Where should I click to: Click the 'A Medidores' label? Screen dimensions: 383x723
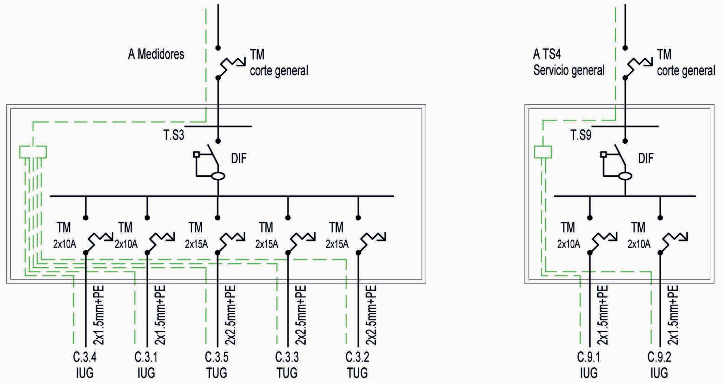coord(156,54)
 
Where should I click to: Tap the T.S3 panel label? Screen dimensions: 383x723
coord(173,135)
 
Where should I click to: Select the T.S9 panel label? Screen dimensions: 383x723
coord(581,135)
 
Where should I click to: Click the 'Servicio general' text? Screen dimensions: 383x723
coord(569,70)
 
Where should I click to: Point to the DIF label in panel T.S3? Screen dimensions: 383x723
coord(238,158)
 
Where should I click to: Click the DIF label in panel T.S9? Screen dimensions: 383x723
coord(645,158)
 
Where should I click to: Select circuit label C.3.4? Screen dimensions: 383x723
coord(85,357)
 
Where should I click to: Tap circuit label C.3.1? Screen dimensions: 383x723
coord(146,357)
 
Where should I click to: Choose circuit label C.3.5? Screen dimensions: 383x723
coord(217,357)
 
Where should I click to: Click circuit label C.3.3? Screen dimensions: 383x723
coord(287,357)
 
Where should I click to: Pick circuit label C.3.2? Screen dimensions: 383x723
coord(357,357)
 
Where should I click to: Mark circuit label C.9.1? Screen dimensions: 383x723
coord(588,357)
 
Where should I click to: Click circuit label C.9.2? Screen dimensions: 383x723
coord(659,357)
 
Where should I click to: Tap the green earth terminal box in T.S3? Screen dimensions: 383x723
coord(33,152)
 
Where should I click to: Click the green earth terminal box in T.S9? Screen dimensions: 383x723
coord(543,152)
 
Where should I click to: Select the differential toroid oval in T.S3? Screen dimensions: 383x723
coord(218,176)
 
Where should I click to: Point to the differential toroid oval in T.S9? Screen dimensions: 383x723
coord(625,176)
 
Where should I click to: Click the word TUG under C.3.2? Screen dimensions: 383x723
coord(357,373)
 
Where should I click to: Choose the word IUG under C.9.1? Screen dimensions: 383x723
coord(588,373)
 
